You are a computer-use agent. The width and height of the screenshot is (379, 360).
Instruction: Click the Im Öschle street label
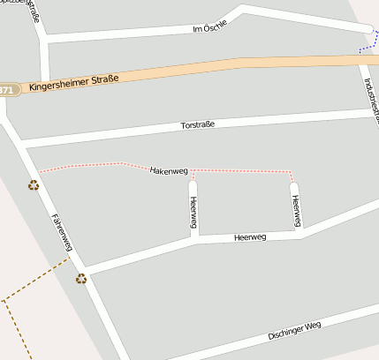point(209,27)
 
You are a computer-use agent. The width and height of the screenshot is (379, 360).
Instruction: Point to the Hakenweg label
point(170,169)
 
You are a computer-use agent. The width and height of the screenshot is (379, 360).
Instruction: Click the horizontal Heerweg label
point(250,237)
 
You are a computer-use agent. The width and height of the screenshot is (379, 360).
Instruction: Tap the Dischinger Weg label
point(295,331)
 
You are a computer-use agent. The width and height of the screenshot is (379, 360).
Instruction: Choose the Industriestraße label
point(367,93)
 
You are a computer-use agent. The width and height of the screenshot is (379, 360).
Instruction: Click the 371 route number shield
point(7,90)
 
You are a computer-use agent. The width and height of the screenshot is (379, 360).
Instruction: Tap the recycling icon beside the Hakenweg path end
point(34,185)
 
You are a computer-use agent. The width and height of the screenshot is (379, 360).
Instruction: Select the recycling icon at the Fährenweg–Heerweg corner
point(81,279)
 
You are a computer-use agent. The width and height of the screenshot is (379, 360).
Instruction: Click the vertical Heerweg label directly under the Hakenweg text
point(193,212)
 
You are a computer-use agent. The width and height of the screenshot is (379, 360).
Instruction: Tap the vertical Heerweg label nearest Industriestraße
point(297,210)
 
